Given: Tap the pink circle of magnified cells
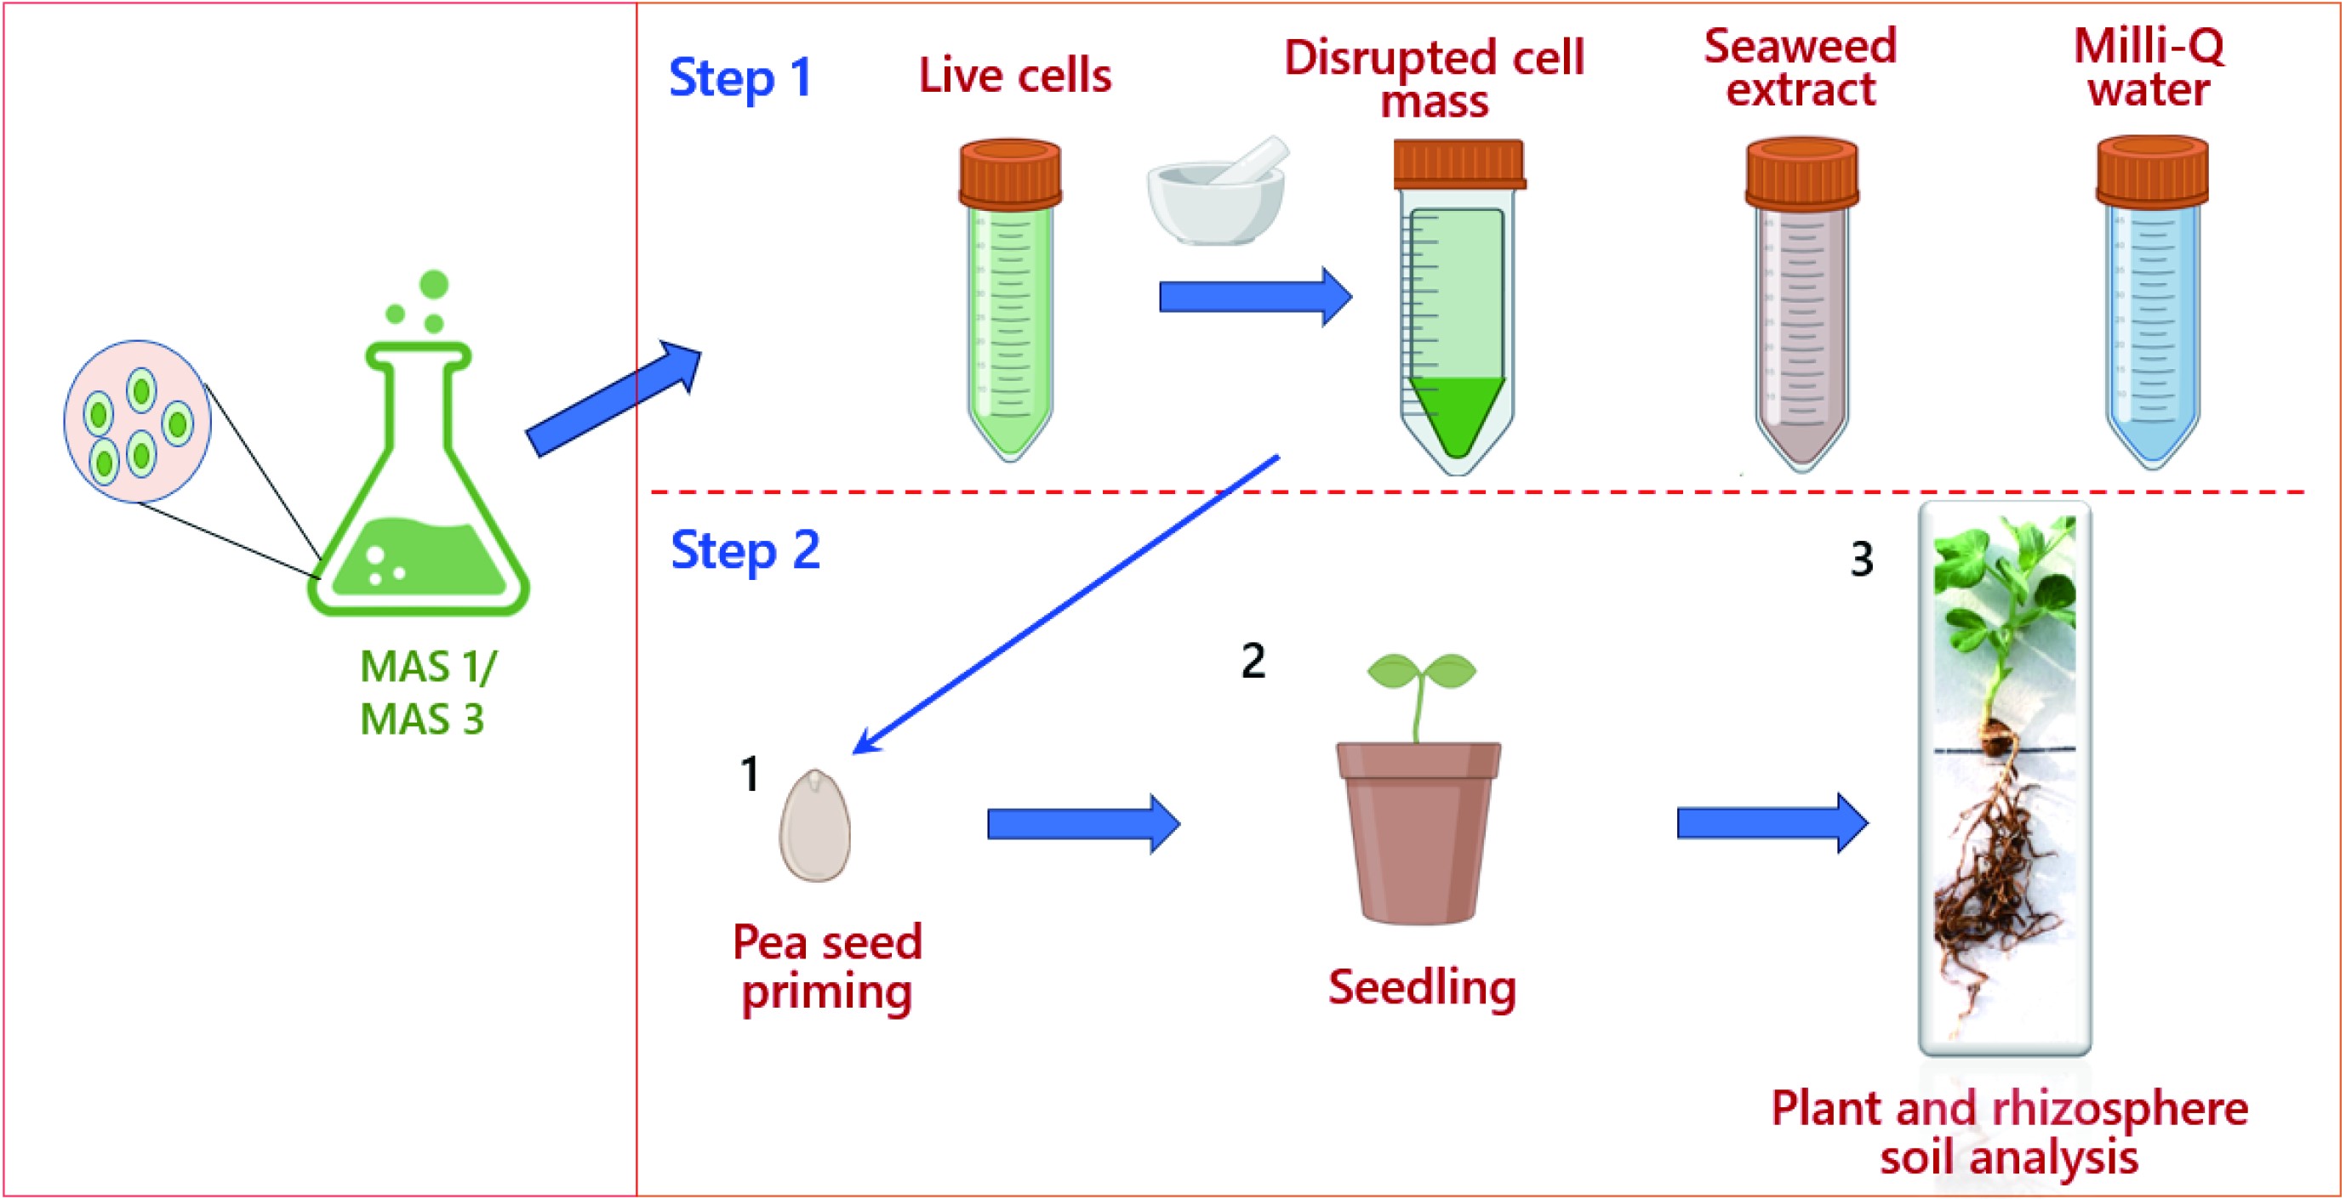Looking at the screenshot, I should point(138,422).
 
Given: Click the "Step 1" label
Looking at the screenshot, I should point(739,77).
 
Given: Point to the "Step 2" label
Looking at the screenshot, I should point(745,551).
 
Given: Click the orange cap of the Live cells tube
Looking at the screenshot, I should point(1010,172).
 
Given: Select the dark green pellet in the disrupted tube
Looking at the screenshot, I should point(1456,414).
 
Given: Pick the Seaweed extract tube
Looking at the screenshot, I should point(1801,310).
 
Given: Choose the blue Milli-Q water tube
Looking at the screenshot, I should point(2152,310).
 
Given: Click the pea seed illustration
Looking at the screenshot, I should point(814,826).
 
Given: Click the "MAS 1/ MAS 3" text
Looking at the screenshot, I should point(427,693).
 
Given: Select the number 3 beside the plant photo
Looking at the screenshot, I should point(1862,559).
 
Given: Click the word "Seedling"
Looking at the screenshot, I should point(1422,987).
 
